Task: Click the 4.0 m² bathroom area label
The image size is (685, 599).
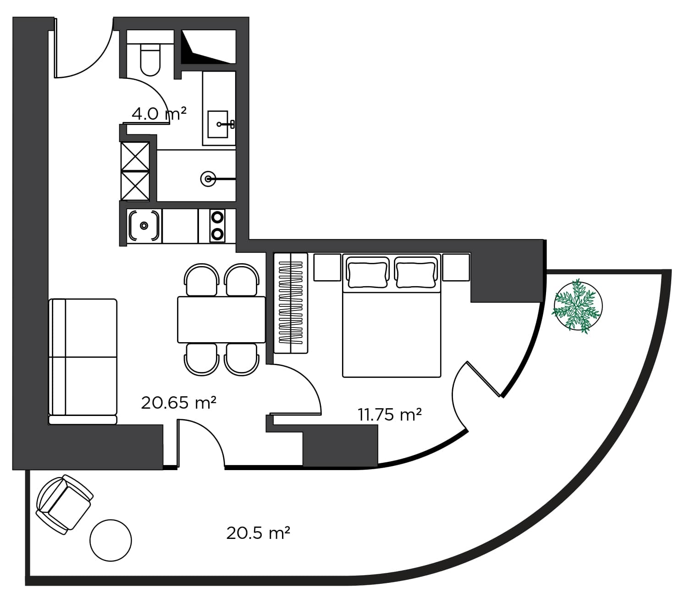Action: click(159, 113)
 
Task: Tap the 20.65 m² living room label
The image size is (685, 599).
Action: click(178, 403)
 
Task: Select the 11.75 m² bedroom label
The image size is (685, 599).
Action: click(389, 415)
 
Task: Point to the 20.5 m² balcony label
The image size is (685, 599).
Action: click(258, 533)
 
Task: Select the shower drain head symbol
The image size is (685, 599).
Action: click(209, 178)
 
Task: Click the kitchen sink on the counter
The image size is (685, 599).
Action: click(144, 225)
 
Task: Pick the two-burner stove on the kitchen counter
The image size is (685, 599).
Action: click(217, 225)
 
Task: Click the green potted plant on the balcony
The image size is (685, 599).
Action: click(577, 306)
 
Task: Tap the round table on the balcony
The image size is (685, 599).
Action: click(110, 540)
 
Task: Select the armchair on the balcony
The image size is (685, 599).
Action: click(64, 504)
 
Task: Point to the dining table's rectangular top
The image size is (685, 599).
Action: click(221, 319)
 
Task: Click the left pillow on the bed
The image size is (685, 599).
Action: click(367, 272)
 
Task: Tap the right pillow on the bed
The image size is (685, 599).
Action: click(415, 272)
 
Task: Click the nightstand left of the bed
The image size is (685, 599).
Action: click(327, 267)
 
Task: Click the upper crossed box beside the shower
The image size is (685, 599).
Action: click(135, 156)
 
